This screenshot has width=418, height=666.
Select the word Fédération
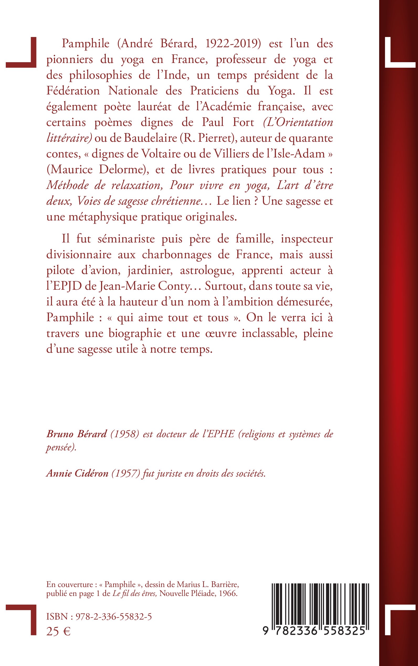(73, 91)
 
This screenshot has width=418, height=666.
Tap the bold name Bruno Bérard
(76, 434)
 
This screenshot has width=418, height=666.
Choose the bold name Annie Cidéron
(77, 474)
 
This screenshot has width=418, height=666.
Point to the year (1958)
(124, 434)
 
